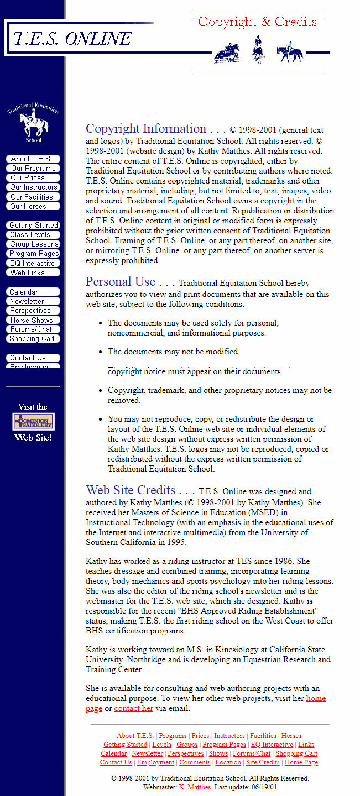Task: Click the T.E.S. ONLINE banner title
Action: point(72,38)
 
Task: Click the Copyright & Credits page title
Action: point(257,22)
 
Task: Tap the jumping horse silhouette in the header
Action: point(227,54)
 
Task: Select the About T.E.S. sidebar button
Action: point(32,159)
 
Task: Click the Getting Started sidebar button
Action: point(33,226)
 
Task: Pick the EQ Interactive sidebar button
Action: point(32,264)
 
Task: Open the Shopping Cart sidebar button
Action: point(32,339)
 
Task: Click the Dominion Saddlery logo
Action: point(33,422)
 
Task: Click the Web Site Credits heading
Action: point(131,490)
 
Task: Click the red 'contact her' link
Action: point(133,709)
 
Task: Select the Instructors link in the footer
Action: point(229,736)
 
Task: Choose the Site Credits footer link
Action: point(263,762)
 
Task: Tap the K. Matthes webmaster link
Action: point(195,787)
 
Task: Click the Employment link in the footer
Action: point(155,762)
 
